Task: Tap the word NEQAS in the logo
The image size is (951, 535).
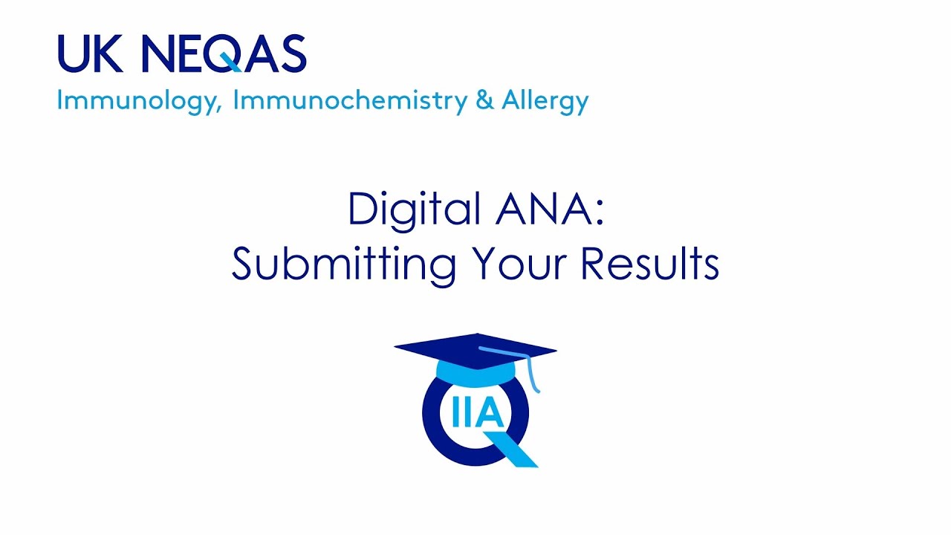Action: click(224, 54)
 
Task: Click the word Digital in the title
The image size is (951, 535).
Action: click(413, 210)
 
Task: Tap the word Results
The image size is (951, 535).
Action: click(649, 263)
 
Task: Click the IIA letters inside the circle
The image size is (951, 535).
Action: click(476, 414)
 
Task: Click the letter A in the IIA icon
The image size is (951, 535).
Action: click(489, 414)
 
